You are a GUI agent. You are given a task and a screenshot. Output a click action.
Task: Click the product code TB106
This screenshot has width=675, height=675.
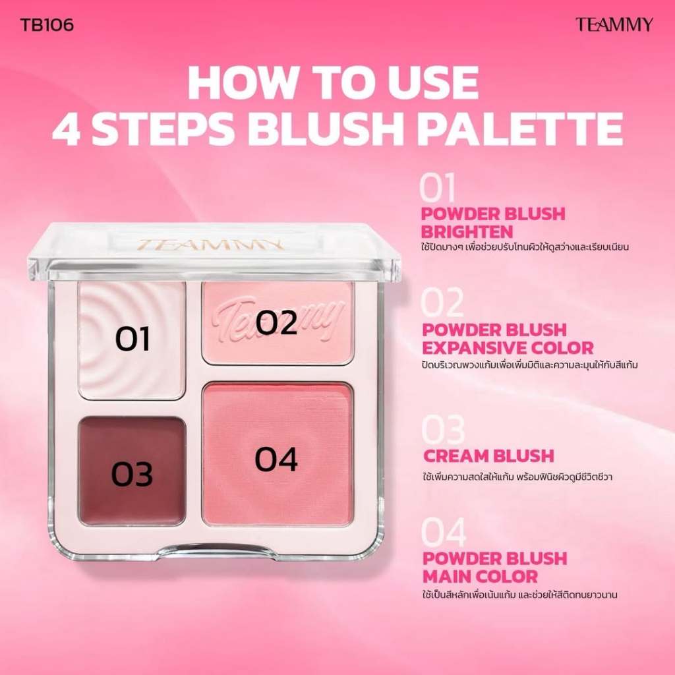pos(47,24)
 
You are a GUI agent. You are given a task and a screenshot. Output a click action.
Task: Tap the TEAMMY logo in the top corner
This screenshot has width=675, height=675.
pos(614,24)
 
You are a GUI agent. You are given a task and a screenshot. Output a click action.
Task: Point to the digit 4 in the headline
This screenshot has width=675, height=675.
pos(69,129)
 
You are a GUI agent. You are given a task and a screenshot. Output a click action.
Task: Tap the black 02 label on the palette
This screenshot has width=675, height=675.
pos(276,323)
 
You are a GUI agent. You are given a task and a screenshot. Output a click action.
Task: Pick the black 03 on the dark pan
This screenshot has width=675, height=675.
pos(132,475)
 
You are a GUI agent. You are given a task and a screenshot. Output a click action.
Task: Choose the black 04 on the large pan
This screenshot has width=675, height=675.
pos(276,459)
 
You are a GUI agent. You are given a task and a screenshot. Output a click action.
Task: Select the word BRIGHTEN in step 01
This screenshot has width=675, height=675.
pos(467,232)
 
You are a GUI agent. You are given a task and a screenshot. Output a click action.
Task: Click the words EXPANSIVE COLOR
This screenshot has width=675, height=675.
pos(508,348)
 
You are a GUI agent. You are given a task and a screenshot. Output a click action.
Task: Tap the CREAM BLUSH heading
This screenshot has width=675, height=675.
pos(488,456)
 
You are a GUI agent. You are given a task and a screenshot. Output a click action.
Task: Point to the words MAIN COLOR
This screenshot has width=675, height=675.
pos(481,576)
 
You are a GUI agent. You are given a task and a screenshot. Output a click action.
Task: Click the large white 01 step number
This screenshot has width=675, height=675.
pos(438,188)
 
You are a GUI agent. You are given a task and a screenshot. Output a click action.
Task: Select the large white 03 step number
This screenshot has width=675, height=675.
pos(443,430)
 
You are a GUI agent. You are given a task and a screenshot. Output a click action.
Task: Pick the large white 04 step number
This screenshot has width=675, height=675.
pos(444,533)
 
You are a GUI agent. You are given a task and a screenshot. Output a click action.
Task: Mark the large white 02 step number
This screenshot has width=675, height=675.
pos(442,303)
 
